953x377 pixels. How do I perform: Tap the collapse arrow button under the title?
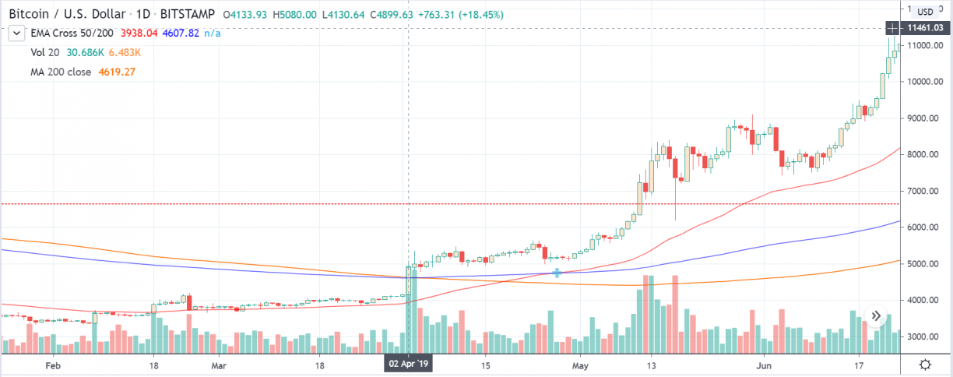pos(16,33)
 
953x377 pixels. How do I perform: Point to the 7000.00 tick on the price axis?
pos(924,191)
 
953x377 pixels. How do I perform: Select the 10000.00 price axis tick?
pos(924,82)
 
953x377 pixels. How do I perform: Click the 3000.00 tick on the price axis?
pos(924,336)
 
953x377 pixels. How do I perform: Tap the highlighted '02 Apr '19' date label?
pos(410,364)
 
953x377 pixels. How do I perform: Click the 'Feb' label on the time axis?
pos(53,364)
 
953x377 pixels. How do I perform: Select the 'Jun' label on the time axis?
pos(765,364)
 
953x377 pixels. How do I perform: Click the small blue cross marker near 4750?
pos(557,273)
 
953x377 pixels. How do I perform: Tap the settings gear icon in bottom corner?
pos(925,364)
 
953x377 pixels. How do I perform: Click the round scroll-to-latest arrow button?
pos(877,317)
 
